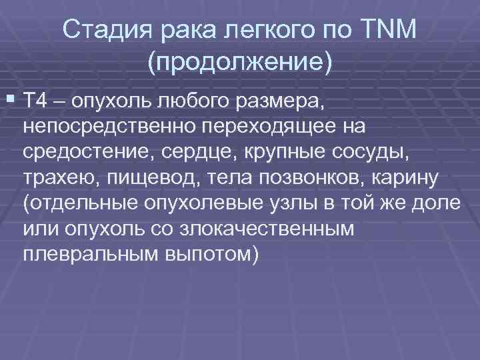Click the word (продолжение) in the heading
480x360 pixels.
(239, 62)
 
